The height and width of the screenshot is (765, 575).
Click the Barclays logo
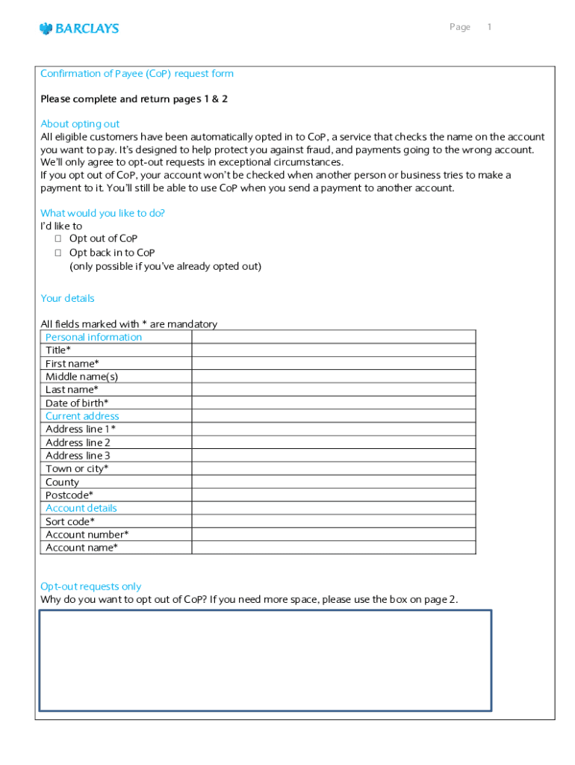tap(79, 28)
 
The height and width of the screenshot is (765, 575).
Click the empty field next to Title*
tap(333, 350)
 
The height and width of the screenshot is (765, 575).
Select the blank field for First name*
tap(333, 364)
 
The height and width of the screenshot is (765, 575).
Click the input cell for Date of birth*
tap(333, 403)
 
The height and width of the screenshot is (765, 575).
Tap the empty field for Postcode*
tap(333, 495)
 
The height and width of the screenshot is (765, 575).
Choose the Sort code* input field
tap(333, 521)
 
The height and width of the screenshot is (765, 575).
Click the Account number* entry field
tap(333, 535)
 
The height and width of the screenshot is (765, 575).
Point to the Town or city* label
tap(77, 469)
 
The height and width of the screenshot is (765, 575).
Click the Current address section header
tap(82, 416)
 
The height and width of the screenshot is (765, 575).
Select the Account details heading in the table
tap(81, 508)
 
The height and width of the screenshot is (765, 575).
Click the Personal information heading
tap(93, 337)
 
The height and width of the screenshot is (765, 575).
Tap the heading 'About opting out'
tap(80, 124)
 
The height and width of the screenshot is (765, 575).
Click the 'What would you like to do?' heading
tap(102, 213)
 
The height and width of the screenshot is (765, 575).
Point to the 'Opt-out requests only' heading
tap(90, 586)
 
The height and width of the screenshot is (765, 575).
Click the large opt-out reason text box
tap(265, 660)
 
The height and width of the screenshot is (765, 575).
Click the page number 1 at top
tap(489, 28)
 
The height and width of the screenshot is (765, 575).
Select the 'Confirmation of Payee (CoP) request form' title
tap(137, 74)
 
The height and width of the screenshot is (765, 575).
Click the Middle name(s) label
tap(81, 377)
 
